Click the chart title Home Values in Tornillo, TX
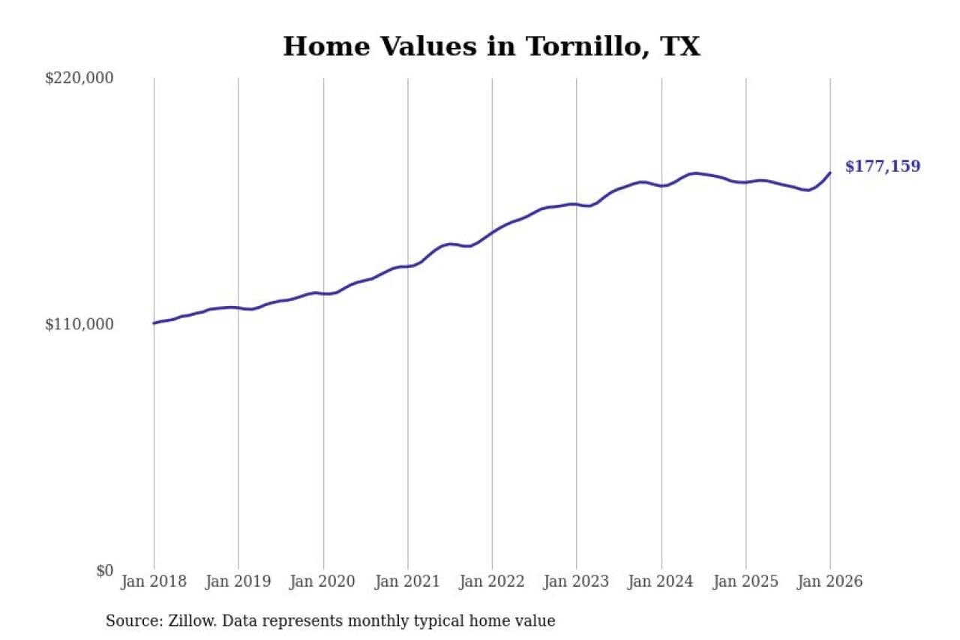491,47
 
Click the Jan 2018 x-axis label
154,582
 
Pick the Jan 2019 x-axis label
238,582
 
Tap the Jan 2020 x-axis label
323,582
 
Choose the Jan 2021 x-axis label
408,582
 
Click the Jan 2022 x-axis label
492,582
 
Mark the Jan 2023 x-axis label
577,582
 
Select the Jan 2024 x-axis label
661,582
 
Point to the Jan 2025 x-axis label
745,582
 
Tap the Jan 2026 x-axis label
830,582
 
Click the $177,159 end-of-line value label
883,167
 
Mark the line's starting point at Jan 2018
154,323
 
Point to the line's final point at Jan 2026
830,173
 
